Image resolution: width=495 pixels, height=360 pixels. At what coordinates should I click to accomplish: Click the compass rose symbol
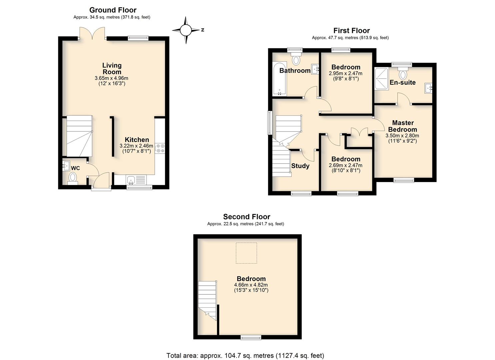click(186, 30)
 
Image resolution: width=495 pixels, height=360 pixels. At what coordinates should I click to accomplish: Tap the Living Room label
click(112, 69)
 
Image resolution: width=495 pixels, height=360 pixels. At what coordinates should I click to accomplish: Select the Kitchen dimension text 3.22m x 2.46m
click(136, 146)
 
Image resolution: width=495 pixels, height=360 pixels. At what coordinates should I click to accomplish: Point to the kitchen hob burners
click(160, 148)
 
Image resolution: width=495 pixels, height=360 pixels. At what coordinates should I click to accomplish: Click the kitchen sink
click(131, 180)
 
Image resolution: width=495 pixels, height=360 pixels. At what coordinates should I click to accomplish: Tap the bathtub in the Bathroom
click(280, 79)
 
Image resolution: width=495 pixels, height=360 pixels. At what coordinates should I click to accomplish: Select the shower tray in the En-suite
click(381, 79)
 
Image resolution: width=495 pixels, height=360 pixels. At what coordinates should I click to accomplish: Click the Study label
click(300, 166)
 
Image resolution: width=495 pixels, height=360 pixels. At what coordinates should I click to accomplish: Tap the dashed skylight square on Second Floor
click(246, 253)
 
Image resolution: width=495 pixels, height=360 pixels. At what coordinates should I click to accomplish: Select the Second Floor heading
click(247, 217)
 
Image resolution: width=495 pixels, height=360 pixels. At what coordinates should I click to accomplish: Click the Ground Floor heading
click(113, 10)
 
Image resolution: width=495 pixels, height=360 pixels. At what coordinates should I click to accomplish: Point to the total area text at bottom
click(245, 356)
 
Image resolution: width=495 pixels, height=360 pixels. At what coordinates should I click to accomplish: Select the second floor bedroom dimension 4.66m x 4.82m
click(251, 285)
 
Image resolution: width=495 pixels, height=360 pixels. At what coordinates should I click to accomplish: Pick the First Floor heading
click(352, 30)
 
